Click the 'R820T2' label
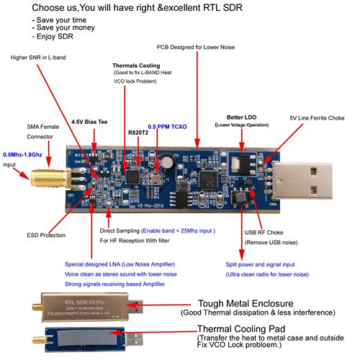coord(138,132)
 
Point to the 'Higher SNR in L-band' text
coord(47,57)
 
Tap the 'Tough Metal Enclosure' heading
coord(254,303)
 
